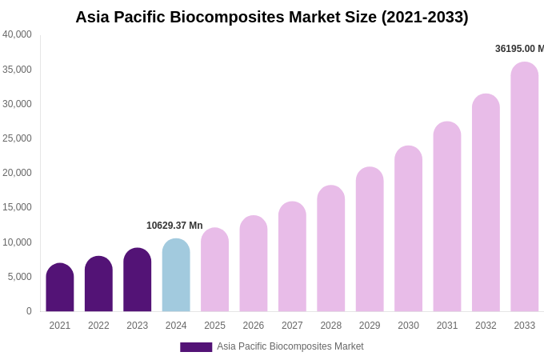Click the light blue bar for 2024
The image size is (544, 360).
(176, 275)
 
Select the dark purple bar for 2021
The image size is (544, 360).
(60, 287)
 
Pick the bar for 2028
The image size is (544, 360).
(331, 248)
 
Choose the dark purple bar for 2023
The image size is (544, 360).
(138, 280)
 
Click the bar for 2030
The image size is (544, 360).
(408, 229)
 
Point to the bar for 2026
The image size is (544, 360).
(254, 263)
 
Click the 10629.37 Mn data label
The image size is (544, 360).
(174, 226)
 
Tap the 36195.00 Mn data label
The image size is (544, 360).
(518, 49)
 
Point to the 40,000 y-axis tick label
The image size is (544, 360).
(17, 34)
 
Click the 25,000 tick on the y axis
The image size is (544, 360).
(17, 138)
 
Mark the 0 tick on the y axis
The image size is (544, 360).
(29, 311)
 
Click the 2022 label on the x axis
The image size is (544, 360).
(98, 326)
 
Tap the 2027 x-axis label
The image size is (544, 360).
(292, 326)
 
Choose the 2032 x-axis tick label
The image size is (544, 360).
(486, 326)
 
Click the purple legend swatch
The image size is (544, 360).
(196, 347)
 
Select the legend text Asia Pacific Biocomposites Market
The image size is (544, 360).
(290, 346)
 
